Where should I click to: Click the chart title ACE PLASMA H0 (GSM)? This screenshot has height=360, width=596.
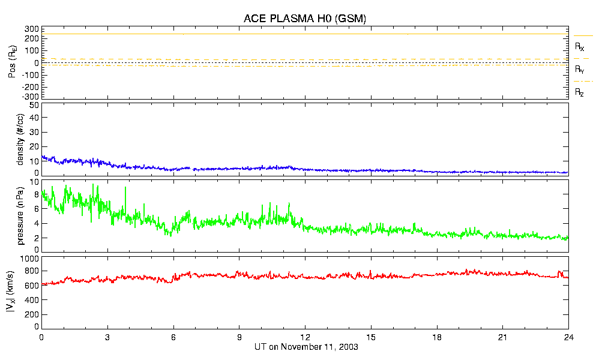point(305,19)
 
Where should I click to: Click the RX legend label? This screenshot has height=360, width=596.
point(580,46)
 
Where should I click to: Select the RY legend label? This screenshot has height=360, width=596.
point(580,70)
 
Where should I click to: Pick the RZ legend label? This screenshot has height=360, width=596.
point(580,92)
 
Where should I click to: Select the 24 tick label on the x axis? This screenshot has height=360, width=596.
point(568,338)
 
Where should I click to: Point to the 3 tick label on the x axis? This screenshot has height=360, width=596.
point(107,338)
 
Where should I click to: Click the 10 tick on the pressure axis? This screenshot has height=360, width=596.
point(34,181)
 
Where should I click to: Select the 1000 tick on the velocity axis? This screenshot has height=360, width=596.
point(30,259)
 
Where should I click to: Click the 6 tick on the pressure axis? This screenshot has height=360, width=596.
point(36,209)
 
